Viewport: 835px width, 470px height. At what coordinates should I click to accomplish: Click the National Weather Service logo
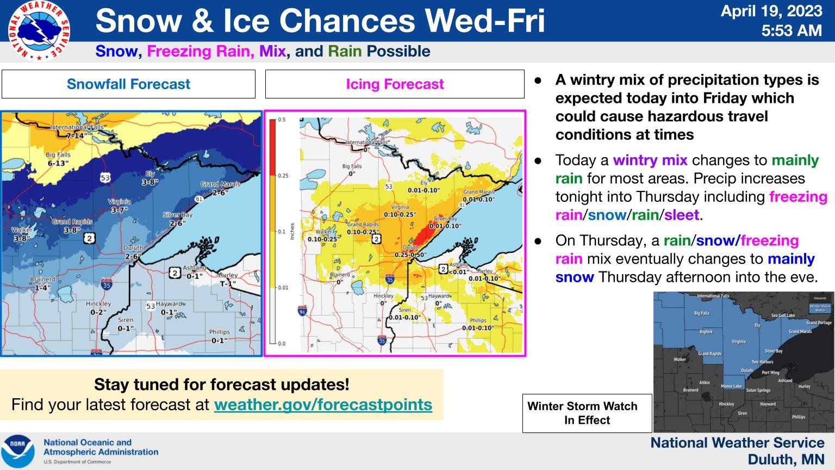[x=39, y=31]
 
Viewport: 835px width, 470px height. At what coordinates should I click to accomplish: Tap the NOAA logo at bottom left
[x=17, y=452]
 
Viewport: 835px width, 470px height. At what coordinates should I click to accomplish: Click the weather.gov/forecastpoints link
[x=323, y=405]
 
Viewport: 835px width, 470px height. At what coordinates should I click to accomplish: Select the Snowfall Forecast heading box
[x=128, y=84]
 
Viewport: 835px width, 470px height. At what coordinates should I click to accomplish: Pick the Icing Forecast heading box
[x=395, y=84]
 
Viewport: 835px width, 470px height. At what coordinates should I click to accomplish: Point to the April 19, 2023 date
[x=771, y=11]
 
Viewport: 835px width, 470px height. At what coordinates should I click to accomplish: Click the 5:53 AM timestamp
[x=791, y=31]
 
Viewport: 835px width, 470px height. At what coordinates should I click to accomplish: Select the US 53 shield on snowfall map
[x=105, y=177]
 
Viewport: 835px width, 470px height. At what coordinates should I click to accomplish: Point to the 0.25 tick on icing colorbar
[x=282, y=176]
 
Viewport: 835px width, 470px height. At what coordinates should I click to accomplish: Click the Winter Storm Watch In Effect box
[x=587, y=413]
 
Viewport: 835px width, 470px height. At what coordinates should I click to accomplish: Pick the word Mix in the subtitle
[x=272, y=52]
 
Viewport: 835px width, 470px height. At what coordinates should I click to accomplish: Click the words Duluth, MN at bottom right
[x=786, y=460]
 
